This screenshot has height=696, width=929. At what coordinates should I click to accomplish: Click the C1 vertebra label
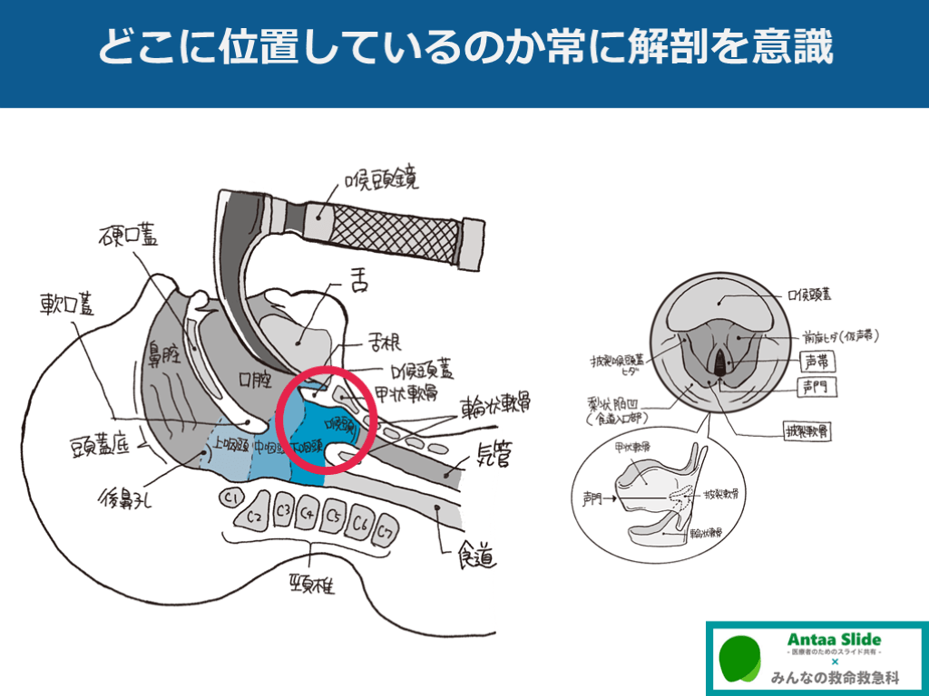click(230, 497)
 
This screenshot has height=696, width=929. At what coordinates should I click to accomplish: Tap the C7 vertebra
click(387, 530)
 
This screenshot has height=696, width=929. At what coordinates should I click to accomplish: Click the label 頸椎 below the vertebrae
click(311, 585)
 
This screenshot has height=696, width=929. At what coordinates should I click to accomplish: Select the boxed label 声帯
click(818, 362)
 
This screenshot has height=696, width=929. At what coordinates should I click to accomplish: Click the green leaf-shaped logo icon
click(740, 660)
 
